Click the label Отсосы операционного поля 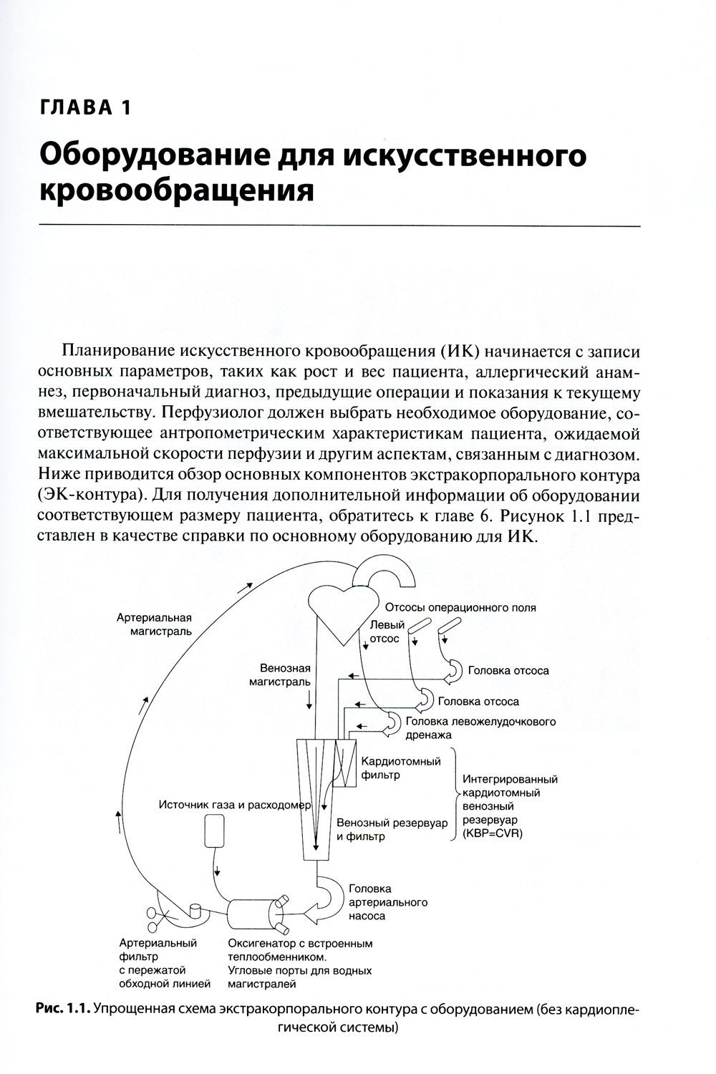[x=460, y=608]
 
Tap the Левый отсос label [x=387, y=631]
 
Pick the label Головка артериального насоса [x=387, y=902]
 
